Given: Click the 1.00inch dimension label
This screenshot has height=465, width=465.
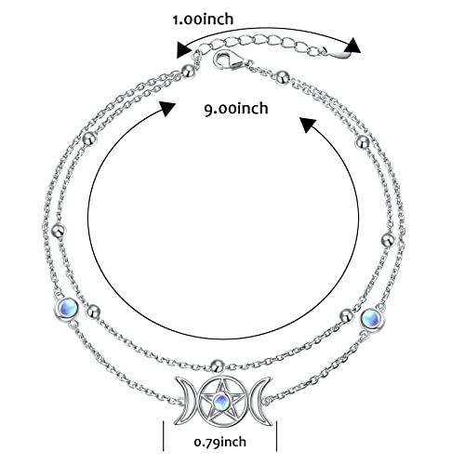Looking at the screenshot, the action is point(203,20).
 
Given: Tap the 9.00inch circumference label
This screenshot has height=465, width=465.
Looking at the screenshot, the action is point(236,109).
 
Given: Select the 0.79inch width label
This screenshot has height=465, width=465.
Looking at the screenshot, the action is point(220,442).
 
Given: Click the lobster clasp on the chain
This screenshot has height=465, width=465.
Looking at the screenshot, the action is point(229,60).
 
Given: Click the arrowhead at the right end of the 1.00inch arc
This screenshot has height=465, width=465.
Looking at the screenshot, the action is point(352,46).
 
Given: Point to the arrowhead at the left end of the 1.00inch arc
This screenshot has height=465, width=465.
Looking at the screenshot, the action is point(183,49).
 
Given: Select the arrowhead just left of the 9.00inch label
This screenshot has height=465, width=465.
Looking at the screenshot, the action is point(167,109).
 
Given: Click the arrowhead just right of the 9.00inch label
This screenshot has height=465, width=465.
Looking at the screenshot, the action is point(308,125).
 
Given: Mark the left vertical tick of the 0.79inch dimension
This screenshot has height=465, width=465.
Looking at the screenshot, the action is point(164,435).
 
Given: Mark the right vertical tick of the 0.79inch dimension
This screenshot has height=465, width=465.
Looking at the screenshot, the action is point(276,435).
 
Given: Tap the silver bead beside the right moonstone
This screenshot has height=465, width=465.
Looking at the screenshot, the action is point(347,315).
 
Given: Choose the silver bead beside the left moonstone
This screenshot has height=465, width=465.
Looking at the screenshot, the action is point(93,312).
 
